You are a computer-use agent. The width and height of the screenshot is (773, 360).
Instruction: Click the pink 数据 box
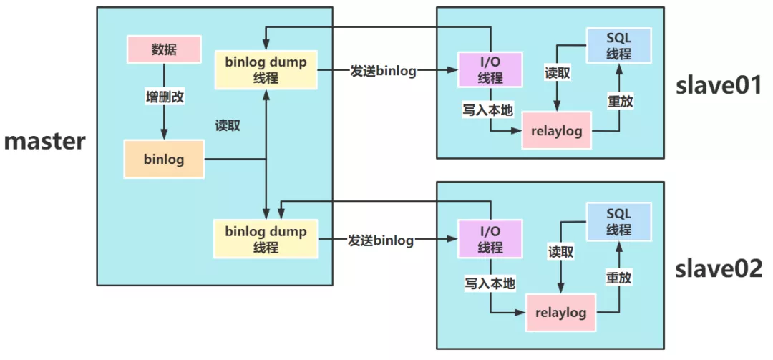(163, 49)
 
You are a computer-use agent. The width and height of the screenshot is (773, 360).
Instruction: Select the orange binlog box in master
(165, 159)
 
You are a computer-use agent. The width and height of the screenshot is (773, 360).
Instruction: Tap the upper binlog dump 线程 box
(266, 69)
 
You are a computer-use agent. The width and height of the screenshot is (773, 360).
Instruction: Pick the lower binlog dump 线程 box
(266, 239)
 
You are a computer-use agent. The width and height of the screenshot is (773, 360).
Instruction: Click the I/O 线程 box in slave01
(491, 69)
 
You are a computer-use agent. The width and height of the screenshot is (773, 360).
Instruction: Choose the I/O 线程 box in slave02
(491, 239)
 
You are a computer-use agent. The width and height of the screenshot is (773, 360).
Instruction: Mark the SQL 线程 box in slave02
(618, 221)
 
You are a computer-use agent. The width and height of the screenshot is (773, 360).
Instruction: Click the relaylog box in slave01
(557, 131)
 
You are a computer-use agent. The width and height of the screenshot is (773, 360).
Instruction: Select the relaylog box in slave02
(561, 313)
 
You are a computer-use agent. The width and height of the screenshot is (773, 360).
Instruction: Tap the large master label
(45, 140)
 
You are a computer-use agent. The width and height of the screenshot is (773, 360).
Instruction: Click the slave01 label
(719, 86)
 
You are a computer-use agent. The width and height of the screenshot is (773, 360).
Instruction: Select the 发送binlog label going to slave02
(382, 240)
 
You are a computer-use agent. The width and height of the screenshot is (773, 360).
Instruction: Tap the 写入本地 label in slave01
(489, 111)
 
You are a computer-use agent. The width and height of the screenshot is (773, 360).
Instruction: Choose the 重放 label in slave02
(618, 278)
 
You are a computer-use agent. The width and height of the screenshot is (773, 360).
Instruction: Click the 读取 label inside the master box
(228, 125)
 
